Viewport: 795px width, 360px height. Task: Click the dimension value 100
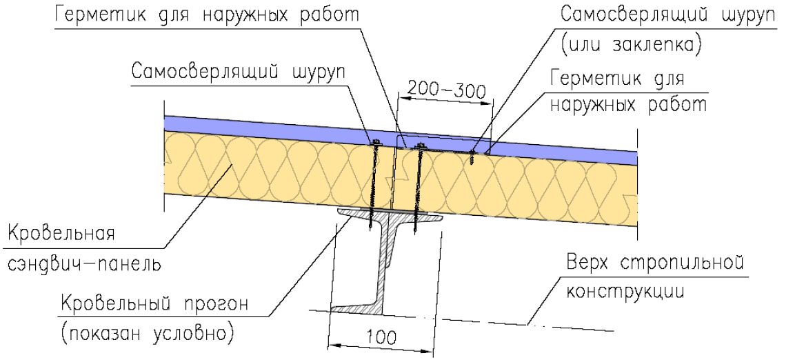(382, 336)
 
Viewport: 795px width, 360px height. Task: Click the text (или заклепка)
(631, 45)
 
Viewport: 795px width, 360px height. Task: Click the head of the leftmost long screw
(376, 143)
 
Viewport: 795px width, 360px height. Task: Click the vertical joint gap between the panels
(394, 177)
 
